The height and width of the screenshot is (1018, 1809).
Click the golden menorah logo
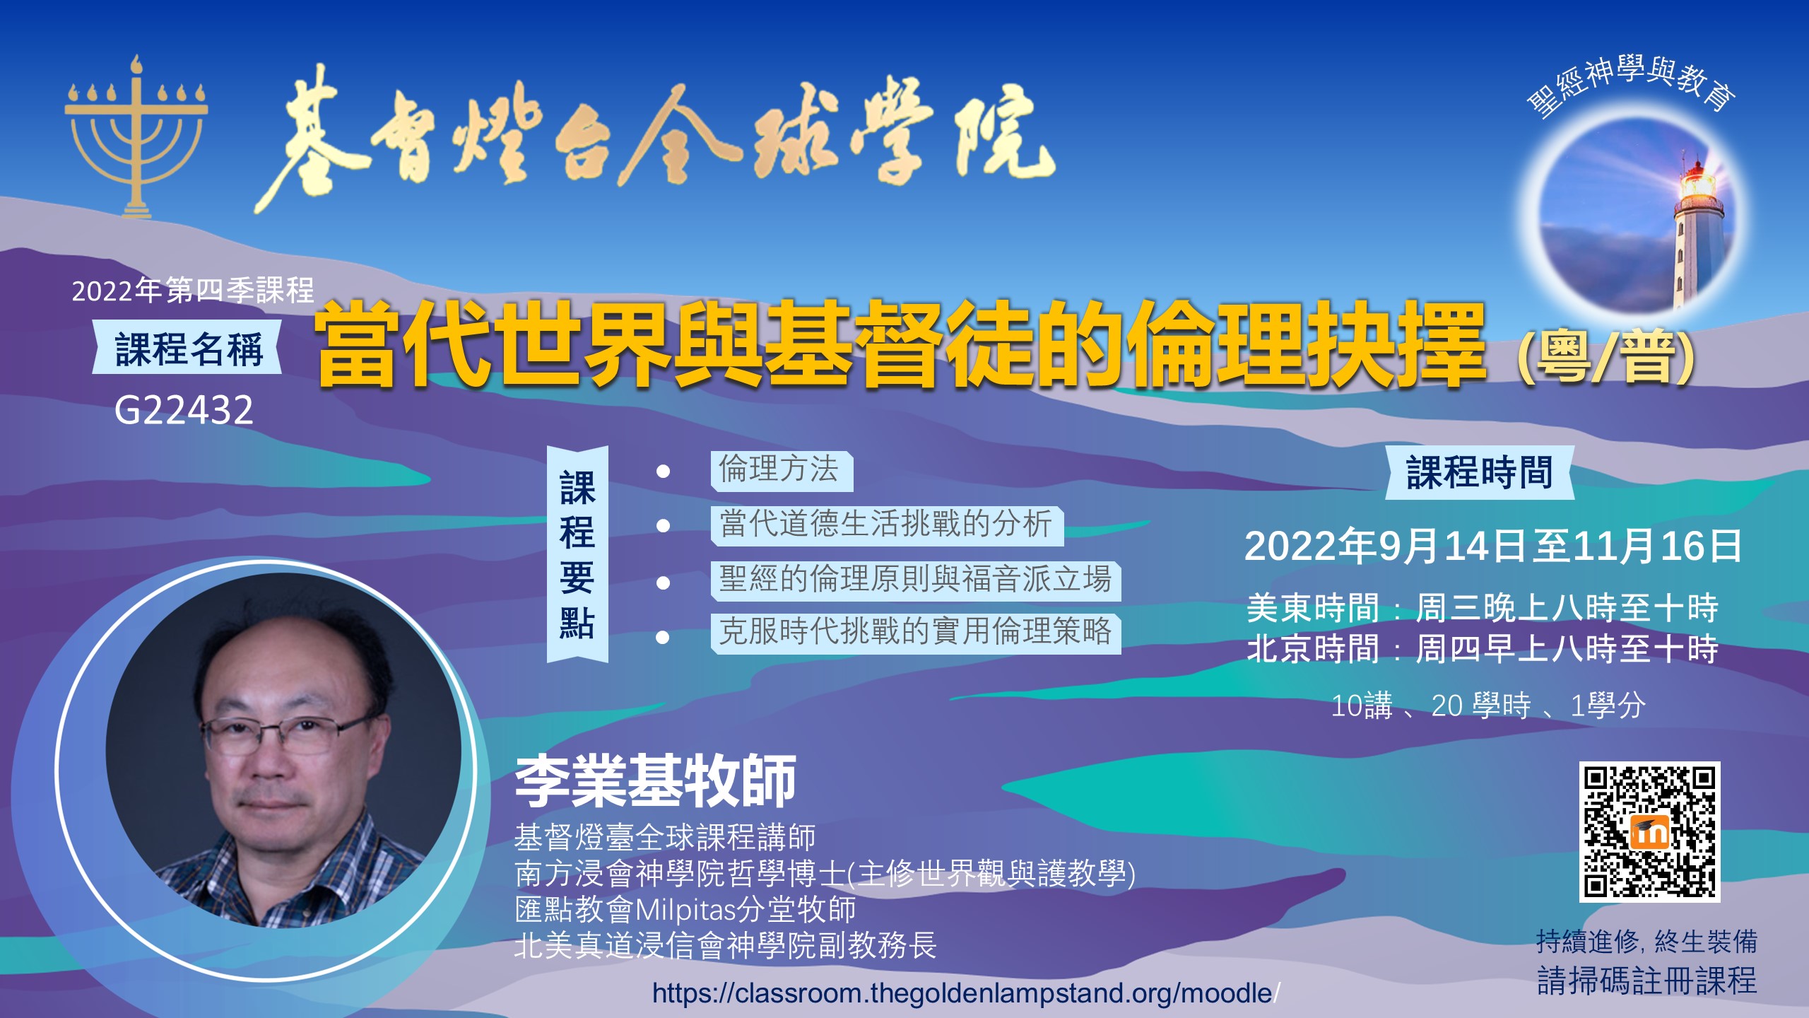click(136, 138)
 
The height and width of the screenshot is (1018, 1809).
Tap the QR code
click(1649, 832)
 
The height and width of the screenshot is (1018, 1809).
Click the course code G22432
click(184, 410)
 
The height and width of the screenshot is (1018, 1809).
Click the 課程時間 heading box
click(1480, 472)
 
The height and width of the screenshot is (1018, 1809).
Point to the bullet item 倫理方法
click(782, 471)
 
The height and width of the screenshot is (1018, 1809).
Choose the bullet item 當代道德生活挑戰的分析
click(887, 525)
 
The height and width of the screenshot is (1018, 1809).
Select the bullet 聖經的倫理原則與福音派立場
click(916, 580)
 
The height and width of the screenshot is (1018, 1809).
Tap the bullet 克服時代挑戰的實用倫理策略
click(916, 633)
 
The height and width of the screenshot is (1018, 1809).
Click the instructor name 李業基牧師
click(656, 781)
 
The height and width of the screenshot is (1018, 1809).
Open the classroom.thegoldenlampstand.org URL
click(966, 993)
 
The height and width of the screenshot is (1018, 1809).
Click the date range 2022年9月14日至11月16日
click(1493, 546)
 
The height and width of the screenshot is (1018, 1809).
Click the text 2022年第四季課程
click(193, 291)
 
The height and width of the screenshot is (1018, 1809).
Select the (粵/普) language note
click(1606, 357)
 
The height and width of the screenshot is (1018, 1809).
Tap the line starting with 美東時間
click(1483, 609)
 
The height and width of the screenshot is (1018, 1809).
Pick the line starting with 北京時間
click(1483, 649)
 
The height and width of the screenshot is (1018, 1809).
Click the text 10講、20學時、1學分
click(1488, 706)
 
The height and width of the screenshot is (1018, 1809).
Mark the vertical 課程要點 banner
click(577, 554)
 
